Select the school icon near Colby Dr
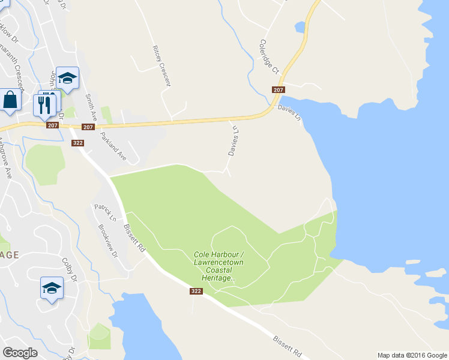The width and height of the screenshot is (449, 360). pyautogui.click(x=52, y=289)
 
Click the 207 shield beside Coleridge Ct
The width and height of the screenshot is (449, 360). pyautogui.click(x=278, y=90)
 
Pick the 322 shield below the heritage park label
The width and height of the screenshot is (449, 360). pyautogui.click(x=196, y=292)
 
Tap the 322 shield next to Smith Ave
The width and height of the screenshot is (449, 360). pyautogui.click(x=77, y=143)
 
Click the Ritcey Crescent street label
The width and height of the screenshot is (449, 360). pyautogui.click(x=161, y=65)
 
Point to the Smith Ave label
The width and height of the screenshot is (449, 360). pyautogui.click(x=91, y=106)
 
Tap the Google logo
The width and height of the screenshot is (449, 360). pyautogui.click(x=20, y=352)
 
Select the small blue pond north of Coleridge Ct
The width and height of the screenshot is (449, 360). pyautogui.click(x=299, y=27)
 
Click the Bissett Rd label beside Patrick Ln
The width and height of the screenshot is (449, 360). pyautogui.click(x=134, y=238)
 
